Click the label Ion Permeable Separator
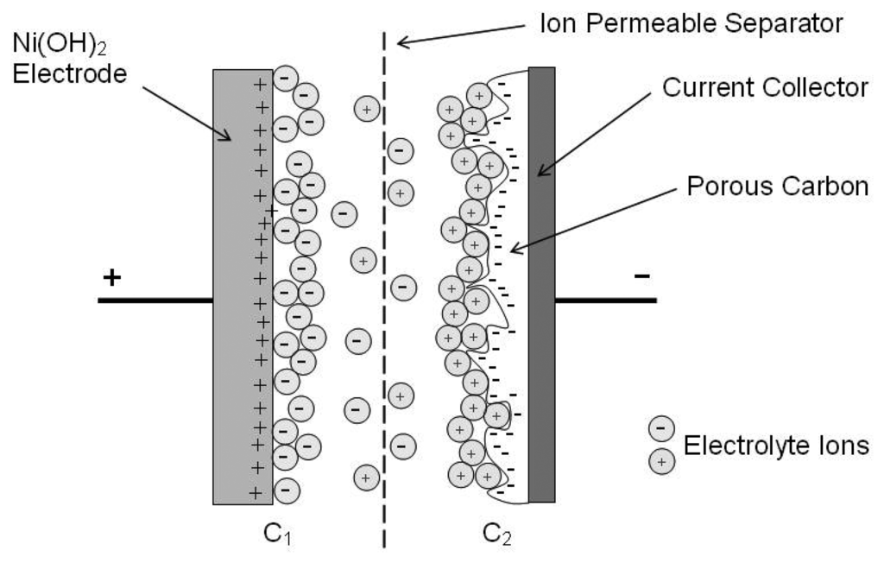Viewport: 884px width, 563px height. [690, 22]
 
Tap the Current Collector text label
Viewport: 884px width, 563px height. [764, 86]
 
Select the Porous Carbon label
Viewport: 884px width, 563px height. [777, 187]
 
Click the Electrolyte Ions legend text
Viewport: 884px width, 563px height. [775, 446]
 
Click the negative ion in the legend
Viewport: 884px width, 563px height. [660, 427]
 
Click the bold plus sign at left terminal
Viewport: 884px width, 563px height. [110, 277]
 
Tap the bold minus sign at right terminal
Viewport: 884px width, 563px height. [641, 276]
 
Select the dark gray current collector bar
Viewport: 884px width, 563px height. [541, 285]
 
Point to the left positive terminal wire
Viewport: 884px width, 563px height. [155, 300]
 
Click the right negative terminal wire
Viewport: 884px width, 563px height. [605, 300]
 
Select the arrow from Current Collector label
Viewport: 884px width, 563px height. [597, 133]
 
